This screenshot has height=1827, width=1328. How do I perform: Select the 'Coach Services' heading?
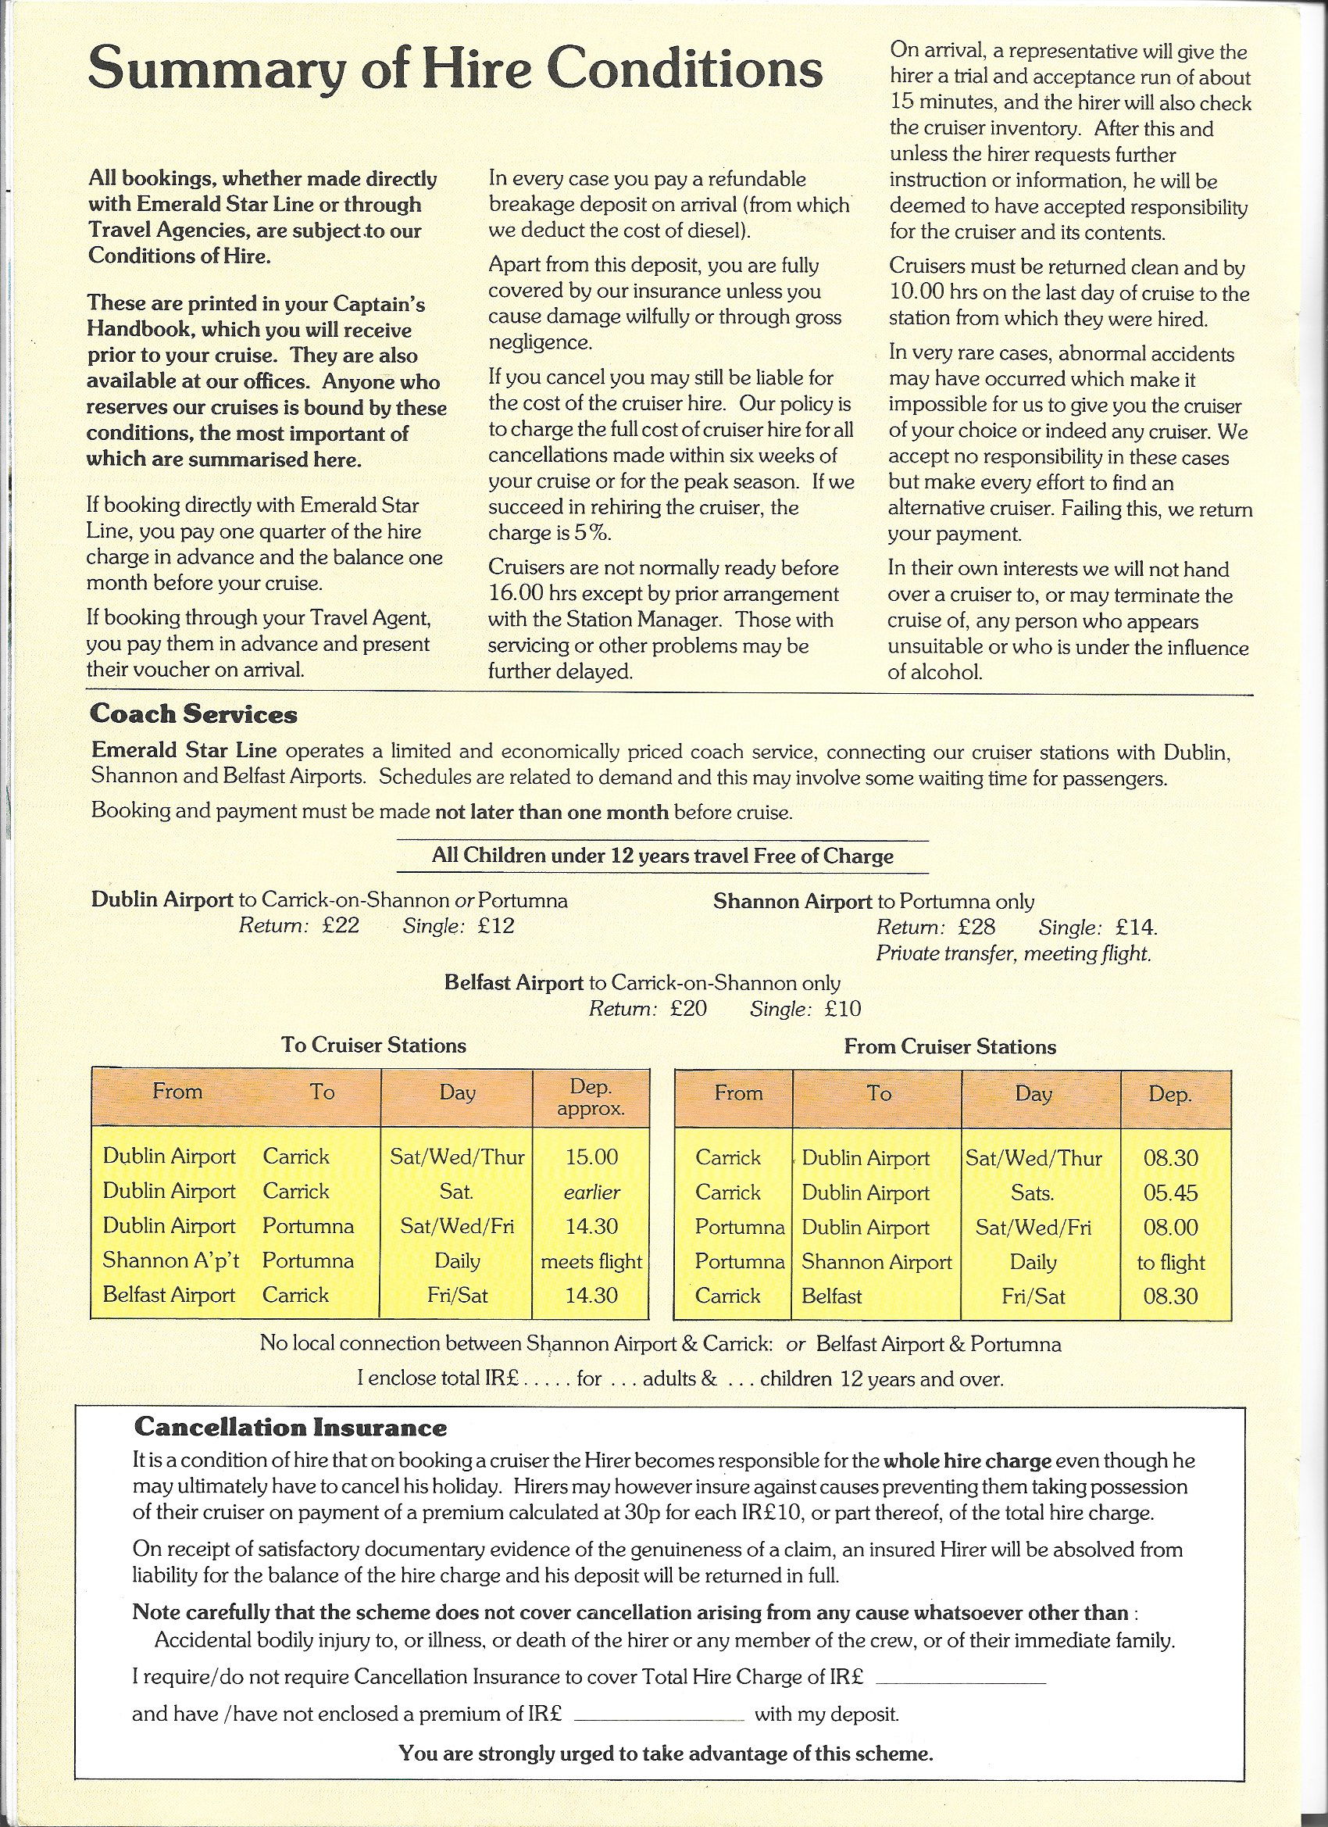pyautogui.click(x=193, y=713)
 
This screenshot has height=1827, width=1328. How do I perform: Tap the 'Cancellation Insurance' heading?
pyautogui.click(x=290, y=1428)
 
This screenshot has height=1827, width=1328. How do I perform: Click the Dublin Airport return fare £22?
pyautogui.click(x=337, y=924)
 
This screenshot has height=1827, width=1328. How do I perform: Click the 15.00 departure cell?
pyautogui.click(x=591, y=1157)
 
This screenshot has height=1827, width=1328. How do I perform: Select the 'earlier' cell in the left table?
pyautogui.click(x=591, y=1192)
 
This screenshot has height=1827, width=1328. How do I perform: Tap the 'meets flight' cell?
pyautogui.click(x=591, y=1260)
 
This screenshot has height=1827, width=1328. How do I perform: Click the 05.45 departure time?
pyautogui.click(x=1170, y=1193)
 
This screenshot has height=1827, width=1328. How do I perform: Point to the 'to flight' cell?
pyautogui.click(x=1170, y=1262)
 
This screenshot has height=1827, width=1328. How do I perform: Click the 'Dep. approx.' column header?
pyautogui.click(x=591, y=1096)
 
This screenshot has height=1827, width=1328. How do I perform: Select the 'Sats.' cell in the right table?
pyautogui.click(x=1033, y=1193)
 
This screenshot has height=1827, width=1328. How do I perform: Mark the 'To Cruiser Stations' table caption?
pyautogui.click(x=373, y=1045)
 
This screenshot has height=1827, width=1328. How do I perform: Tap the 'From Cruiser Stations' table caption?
pyautogui.click(x=949, y=1046)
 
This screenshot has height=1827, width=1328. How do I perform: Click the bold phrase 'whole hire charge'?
pyautogui.click(x=967, y=1461)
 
